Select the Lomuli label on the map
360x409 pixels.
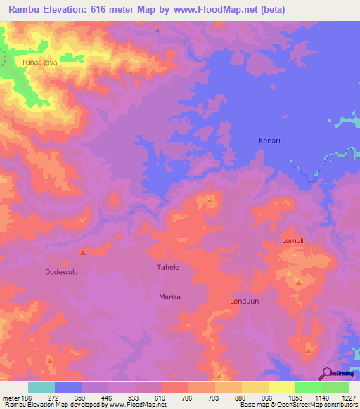pyautogui.click(x=292, y=240)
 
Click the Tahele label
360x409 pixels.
pyautogui.click(x=167, y=268)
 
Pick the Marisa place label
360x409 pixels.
pyautogui.click(x=169, y=297)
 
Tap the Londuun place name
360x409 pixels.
pyautogui.click(x=245, y=301)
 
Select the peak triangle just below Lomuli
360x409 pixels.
pyautogui.click(x=299, y=283)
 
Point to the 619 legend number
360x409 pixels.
pyautogui.click(x=161, y=397)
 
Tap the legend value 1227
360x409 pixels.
pyautogui.click(x=348, y=397)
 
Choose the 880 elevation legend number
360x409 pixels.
pyautogui.click(x=241, y=397)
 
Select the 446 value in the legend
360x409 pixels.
pyautogui.click(x=108, y=397)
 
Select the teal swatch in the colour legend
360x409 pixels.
pyautogui.click(x=41, y=387)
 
